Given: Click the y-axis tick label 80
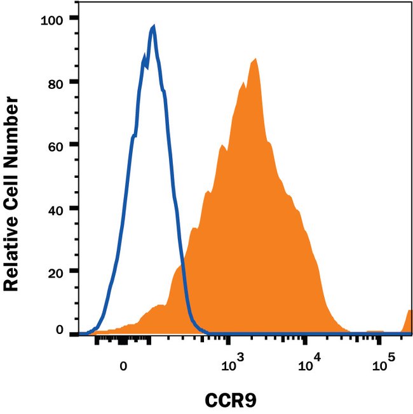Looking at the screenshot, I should click(x=59, y=82).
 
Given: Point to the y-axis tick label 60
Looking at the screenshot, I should click(x=59, y=145).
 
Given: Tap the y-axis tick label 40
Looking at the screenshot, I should click(x=59, y=208).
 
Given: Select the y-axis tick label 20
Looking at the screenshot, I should click(x=59, y=271).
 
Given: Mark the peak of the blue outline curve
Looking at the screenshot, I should click(x=153, y=27).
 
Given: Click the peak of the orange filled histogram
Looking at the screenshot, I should click(x=255, y=59).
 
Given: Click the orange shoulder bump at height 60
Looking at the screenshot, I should click(x=222, y=146).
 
